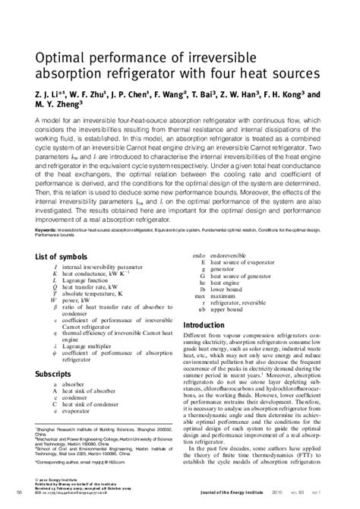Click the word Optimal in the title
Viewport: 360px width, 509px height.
click(x=60, y=58)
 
